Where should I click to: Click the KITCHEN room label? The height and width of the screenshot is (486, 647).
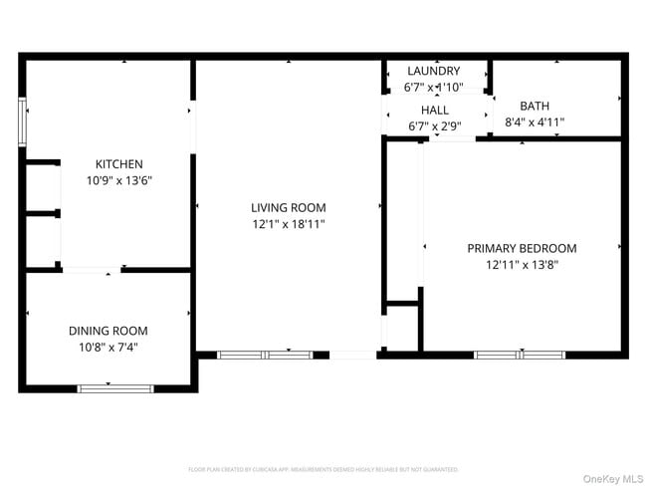coord(118,164)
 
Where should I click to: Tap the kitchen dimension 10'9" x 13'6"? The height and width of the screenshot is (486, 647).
coord(118,181)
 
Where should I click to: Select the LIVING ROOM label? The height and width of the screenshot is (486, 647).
coord(288,208)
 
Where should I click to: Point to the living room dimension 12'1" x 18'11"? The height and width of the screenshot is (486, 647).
coord(288,225)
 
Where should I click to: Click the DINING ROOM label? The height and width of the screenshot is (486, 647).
coord(108,331)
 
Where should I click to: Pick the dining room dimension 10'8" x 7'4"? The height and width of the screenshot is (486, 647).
coord(108,348)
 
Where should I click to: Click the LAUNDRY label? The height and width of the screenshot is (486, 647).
coord(434,71)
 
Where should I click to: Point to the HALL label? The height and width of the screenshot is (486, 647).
coord(434,111)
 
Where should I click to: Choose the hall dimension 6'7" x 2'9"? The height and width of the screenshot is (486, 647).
coord(434,126)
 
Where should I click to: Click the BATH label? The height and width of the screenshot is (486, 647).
coord(535,106)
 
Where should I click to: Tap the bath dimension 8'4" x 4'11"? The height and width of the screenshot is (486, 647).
coord(535,122)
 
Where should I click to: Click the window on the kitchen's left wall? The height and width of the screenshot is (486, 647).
coord(22,121)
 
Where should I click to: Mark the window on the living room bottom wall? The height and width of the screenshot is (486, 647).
coord(265,355)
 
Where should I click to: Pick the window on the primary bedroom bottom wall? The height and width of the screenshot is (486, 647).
coord(520,355)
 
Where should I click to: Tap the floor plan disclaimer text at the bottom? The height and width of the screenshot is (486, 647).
coord(323,469)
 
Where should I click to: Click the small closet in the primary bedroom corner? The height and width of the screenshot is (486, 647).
coord(400,326)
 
